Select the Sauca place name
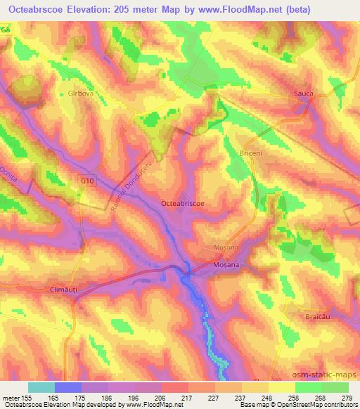click(303, 93)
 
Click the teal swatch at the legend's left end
click(41, 387)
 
